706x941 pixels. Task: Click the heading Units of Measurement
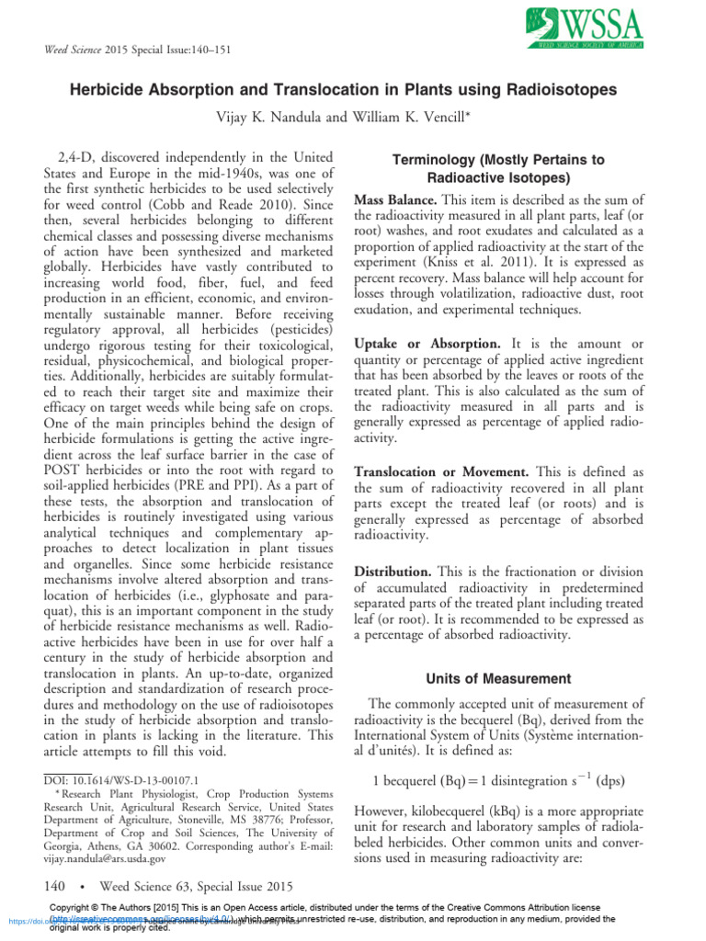tap(498, 679)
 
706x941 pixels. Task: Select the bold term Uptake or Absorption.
tap(418, 343)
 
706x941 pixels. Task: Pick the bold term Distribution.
tap(393, 572)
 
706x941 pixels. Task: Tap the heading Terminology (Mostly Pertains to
tap(499, 160)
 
